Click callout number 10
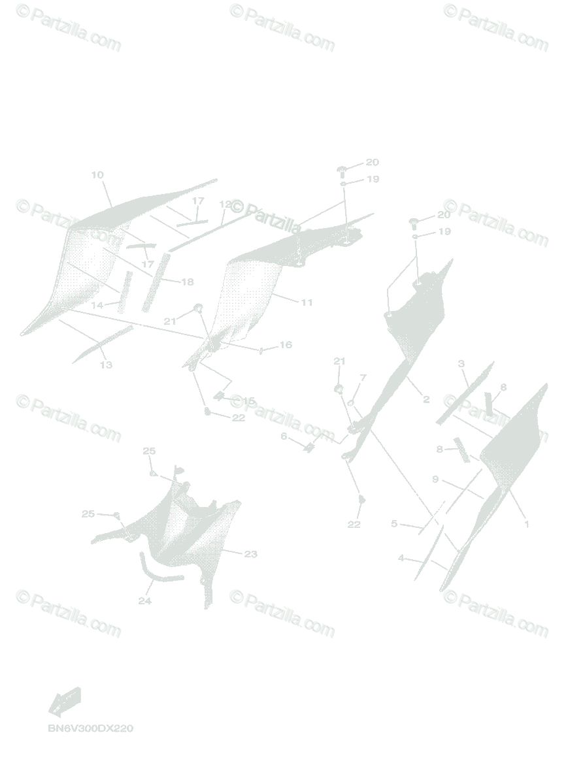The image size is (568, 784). (x=97, y=175)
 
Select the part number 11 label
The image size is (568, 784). (x=307, y=302)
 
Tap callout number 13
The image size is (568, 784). (x=106, y=365)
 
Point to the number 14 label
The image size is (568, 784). (x=97, y=305)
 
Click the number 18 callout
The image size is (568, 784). (x=188, y=282)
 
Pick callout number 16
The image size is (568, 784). (x=286, y=345)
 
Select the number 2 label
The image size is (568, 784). (x=426, y=399)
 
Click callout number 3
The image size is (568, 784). (x=461, y=363)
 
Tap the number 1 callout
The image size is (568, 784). (x=527, y=523)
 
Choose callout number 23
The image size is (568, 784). (x=250, y=554)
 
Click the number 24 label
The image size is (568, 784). (x=144, y=601)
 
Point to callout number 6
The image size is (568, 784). (x=284, y=436)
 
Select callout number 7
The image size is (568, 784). (x=363, y=378)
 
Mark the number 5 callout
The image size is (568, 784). (x=394, y=523)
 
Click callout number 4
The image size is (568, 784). (x=401, y=558)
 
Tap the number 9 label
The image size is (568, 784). (x=435, y=480)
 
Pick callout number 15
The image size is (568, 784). (x=248, y=400)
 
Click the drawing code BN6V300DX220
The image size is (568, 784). (x=90, y=728)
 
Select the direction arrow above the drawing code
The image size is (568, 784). (x=65, y=702)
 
